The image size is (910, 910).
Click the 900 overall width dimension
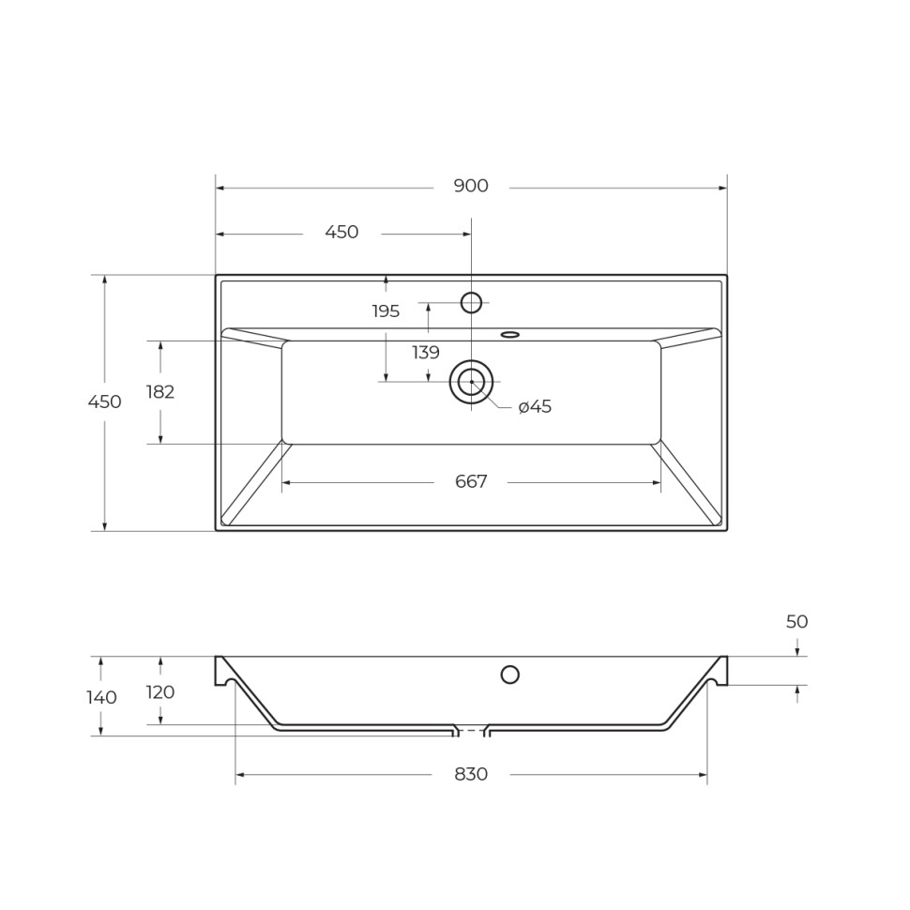click(x=471, y=187)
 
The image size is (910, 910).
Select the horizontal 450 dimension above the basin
click(x=341, y=233)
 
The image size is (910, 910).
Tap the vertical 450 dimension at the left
click(x=104, y=402)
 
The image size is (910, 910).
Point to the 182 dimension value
click(x=160, y=392)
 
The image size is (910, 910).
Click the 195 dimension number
click(x=386, y=311)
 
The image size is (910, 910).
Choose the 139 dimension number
click(x=426, y=353)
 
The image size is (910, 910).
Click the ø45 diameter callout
click(x=535, y=407)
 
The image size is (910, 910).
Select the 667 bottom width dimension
click(x=471, y=482)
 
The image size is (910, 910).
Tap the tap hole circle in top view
click(x=471, y=302)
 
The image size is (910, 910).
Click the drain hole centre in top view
click(x=471, y=382)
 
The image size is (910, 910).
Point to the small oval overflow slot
click(x=510, y=334)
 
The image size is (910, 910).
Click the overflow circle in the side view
click(x=510, y=674)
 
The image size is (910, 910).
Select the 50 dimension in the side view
click(x=796, y=622)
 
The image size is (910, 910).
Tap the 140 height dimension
click(x=101, y=698)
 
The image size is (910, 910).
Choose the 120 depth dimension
click(x=160, y=692)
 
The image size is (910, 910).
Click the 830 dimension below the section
click(x=471, y=775)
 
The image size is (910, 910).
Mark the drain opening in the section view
click(x=471, y=731)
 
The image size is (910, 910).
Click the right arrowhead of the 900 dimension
click(x=723, y=188)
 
